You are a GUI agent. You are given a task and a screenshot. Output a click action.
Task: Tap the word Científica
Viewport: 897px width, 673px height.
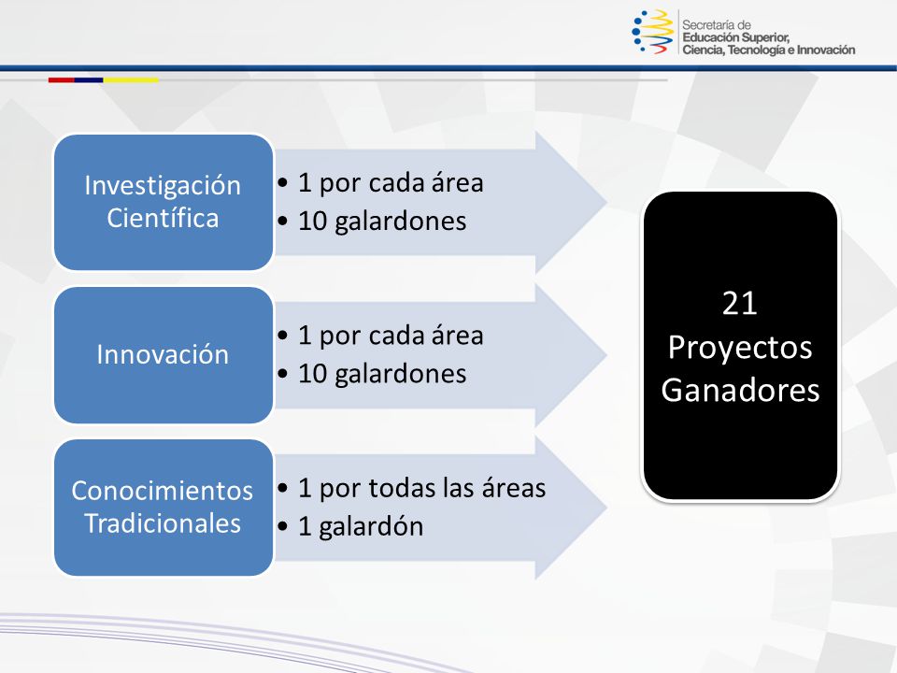pos(163,218)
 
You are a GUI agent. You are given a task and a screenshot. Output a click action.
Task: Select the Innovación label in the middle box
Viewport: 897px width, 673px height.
pos(163,354)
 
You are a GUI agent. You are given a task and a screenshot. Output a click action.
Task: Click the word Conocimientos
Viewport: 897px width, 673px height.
pos(163,491)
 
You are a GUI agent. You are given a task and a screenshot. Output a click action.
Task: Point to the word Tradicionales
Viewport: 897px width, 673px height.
pos(163,523)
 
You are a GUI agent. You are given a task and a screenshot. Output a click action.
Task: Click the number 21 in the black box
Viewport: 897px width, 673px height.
pos(740,303)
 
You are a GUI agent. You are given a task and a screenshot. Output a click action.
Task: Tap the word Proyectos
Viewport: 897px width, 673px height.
pos(740,348)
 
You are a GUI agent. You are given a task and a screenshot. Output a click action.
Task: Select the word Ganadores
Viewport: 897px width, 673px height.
pos(740,391)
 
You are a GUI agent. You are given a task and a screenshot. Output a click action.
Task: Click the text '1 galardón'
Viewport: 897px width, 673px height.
pos(361,526)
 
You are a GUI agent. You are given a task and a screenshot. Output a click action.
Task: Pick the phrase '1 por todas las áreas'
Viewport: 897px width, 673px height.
pos(422,488)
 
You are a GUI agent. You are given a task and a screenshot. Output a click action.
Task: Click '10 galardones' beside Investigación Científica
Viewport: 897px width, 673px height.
pos(382,221)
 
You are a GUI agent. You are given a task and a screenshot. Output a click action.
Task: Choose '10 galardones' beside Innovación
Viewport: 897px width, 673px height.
pos(382,374)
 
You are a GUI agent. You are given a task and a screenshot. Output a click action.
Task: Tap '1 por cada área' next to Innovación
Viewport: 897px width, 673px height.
pos(391,336)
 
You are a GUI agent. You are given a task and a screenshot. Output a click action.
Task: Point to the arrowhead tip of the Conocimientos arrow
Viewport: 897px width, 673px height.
pos(606,508)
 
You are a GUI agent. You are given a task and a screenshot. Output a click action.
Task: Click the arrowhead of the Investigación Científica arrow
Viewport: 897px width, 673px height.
pos(572,202)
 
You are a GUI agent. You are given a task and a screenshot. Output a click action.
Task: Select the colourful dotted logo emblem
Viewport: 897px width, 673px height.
pos(653,32)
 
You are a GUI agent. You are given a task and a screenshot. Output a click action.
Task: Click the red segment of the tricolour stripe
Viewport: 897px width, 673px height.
pos(62,80)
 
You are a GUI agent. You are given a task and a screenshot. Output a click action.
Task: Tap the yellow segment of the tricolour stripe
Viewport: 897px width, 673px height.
pos(131,80)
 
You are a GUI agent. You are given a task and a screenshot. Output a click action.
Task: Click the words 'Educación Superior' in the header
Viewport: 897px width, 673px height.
pos(735,37)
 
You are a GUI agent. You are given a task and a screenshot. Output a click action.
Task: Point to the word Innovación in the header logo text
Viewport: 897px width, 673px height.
pos(826,50)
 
